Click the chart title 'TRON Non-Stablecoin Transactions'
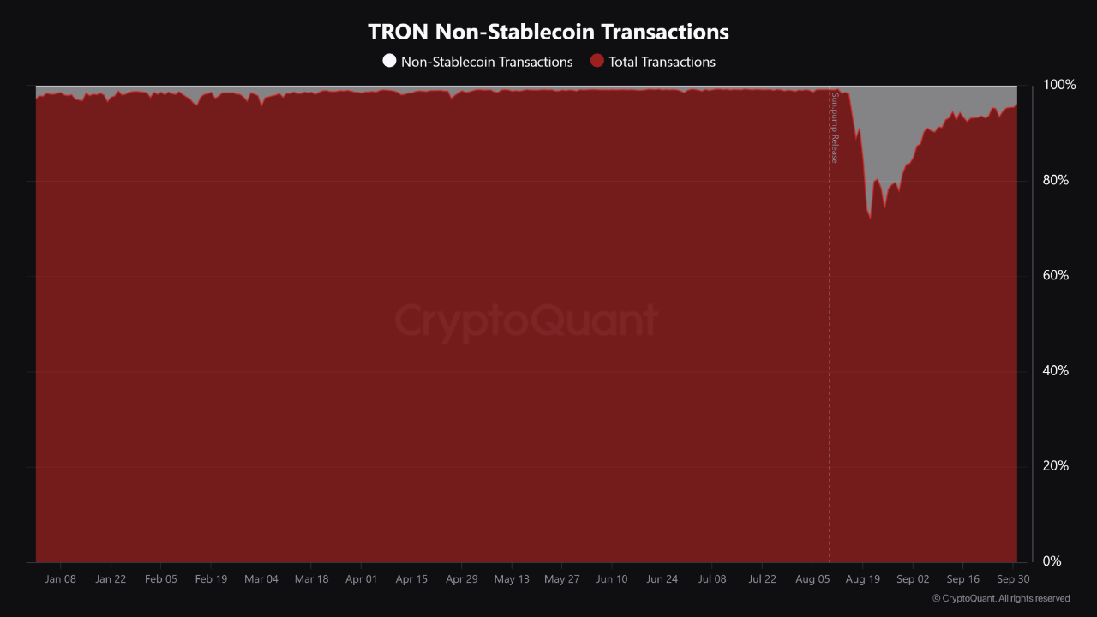tap(548, 32)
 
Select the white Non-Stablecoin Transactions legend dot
tap(389, 61)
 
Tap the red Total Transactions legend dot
tap(597, 61)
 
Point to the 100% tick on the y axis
tap(1059, 85)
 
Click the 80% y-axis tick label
tap(1056, 180)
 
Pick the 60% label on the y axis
tap(1056, 275)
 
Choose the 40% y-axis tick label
tap(1056, 370)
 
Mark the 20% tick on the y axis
tap(1056, 465)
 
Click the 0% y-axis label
tap(1052, 560)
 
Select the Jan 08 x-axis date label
tap(60, 579)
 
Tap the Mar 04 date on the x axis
tap(261, 579)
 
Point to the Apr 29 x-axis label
tap(461, 579)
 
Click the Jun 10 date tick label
tap(611, 579)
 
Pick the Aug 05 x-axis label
tap(812, 579)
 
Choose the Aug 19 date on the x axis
tap(862, 579)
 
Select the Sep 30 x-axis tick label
tap(1013, 579)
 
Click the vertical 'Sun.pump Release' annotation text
tap(835, 129)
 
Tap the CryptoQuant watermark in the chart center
tap(526, 321)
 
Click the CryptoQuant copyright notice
tap(1001, 598)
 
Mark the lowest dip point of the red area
tap(871, 219)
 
